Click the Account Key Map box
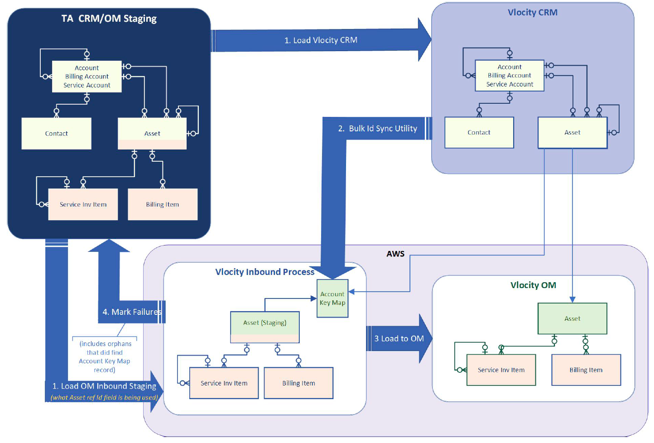click(x=332, y=299)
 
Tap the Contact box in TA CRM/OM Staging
click(x=56, y=134)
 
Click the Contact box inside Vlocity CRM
click(x=479, y=133)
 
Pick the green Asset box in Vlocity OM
click(x=572, y=319)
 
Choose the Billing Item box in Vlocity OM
click(x=586, y=370)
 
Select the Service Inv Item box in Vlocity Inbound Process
click(x=224, y=383)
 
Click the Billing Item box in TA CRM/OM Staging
click(x=162, y=205)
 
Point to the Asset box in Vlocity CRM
click(x=572, y=133)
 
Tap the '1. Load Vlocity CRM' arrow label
click(x=321, y=40)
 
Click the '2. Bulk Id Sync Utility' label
click(x=377, y=129)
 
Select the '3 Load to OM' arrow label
click(x=399, y=339)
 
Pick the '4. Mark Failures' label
click(x=131, y=312)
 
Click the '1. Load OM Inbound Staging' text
click(x=104, y=386)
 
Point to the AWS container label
click(x=395, y=254)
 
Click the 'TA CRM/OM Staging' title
click(x=109, y=19)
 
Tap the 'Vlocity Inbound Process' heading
click(x=264, y=272)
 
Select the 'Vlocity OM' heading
click(x=533, y=285)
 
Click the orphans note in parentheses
click(x=105, y=357)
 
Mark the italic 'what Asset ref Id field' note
click(x=104, y=398)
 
